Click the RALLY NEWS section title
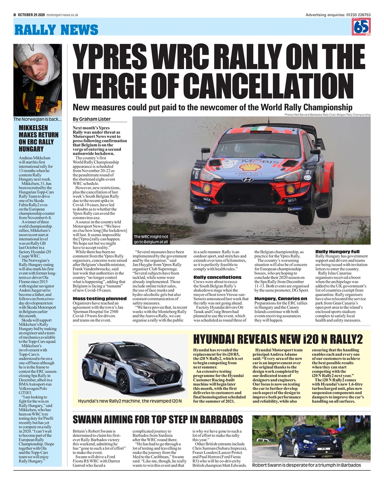[56, 29]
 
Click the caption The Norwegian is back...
[37, 119]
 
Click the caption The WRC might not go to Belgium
[151, 239]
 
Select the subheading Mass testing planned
[100, 299]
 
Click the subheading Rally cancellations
[217, 277]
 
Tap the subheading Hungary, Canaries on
[281, 299]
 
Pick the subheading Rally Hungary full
[337, 252]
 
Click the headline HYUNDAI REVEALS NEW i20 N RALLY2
[278, 339]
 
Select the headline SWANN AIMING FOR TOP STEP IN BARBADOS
[158, 420]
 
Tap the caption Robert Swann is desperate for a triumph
[306, 465]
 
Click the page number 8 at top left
[14, 15]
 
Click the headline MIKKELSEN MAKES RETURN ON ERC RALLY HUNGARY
[39, 138]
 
